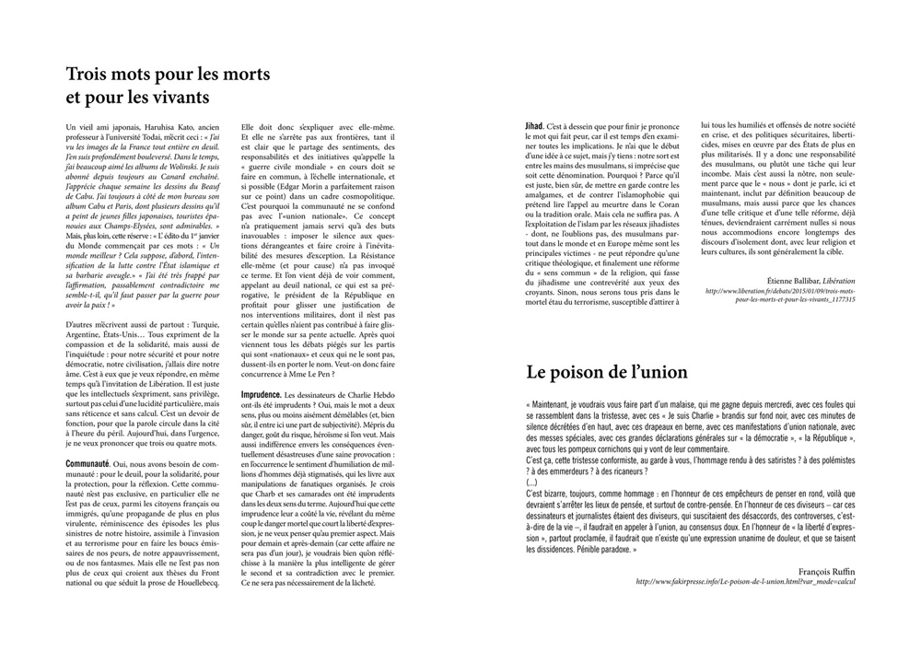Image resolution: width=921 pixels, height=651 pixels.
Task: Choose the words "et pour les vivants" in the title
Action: point(138,96)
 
